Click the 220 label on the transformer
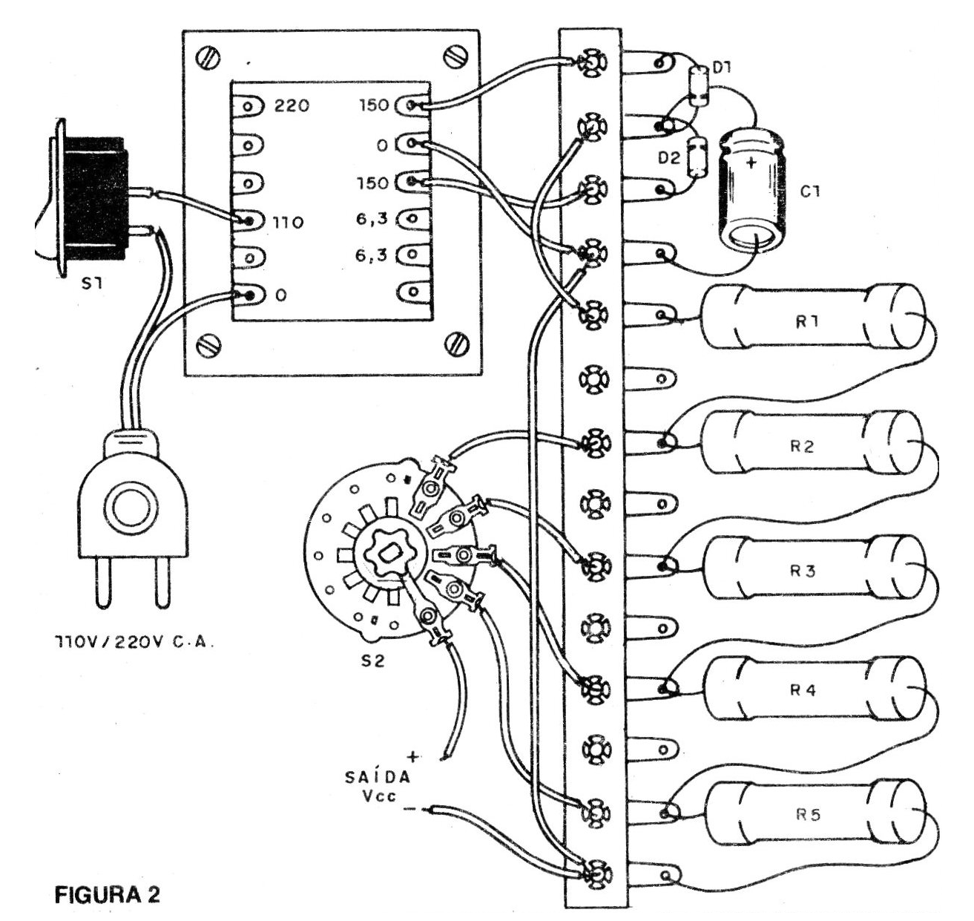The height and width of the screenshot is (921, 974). pyautogui.click(x=292, y=105)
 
